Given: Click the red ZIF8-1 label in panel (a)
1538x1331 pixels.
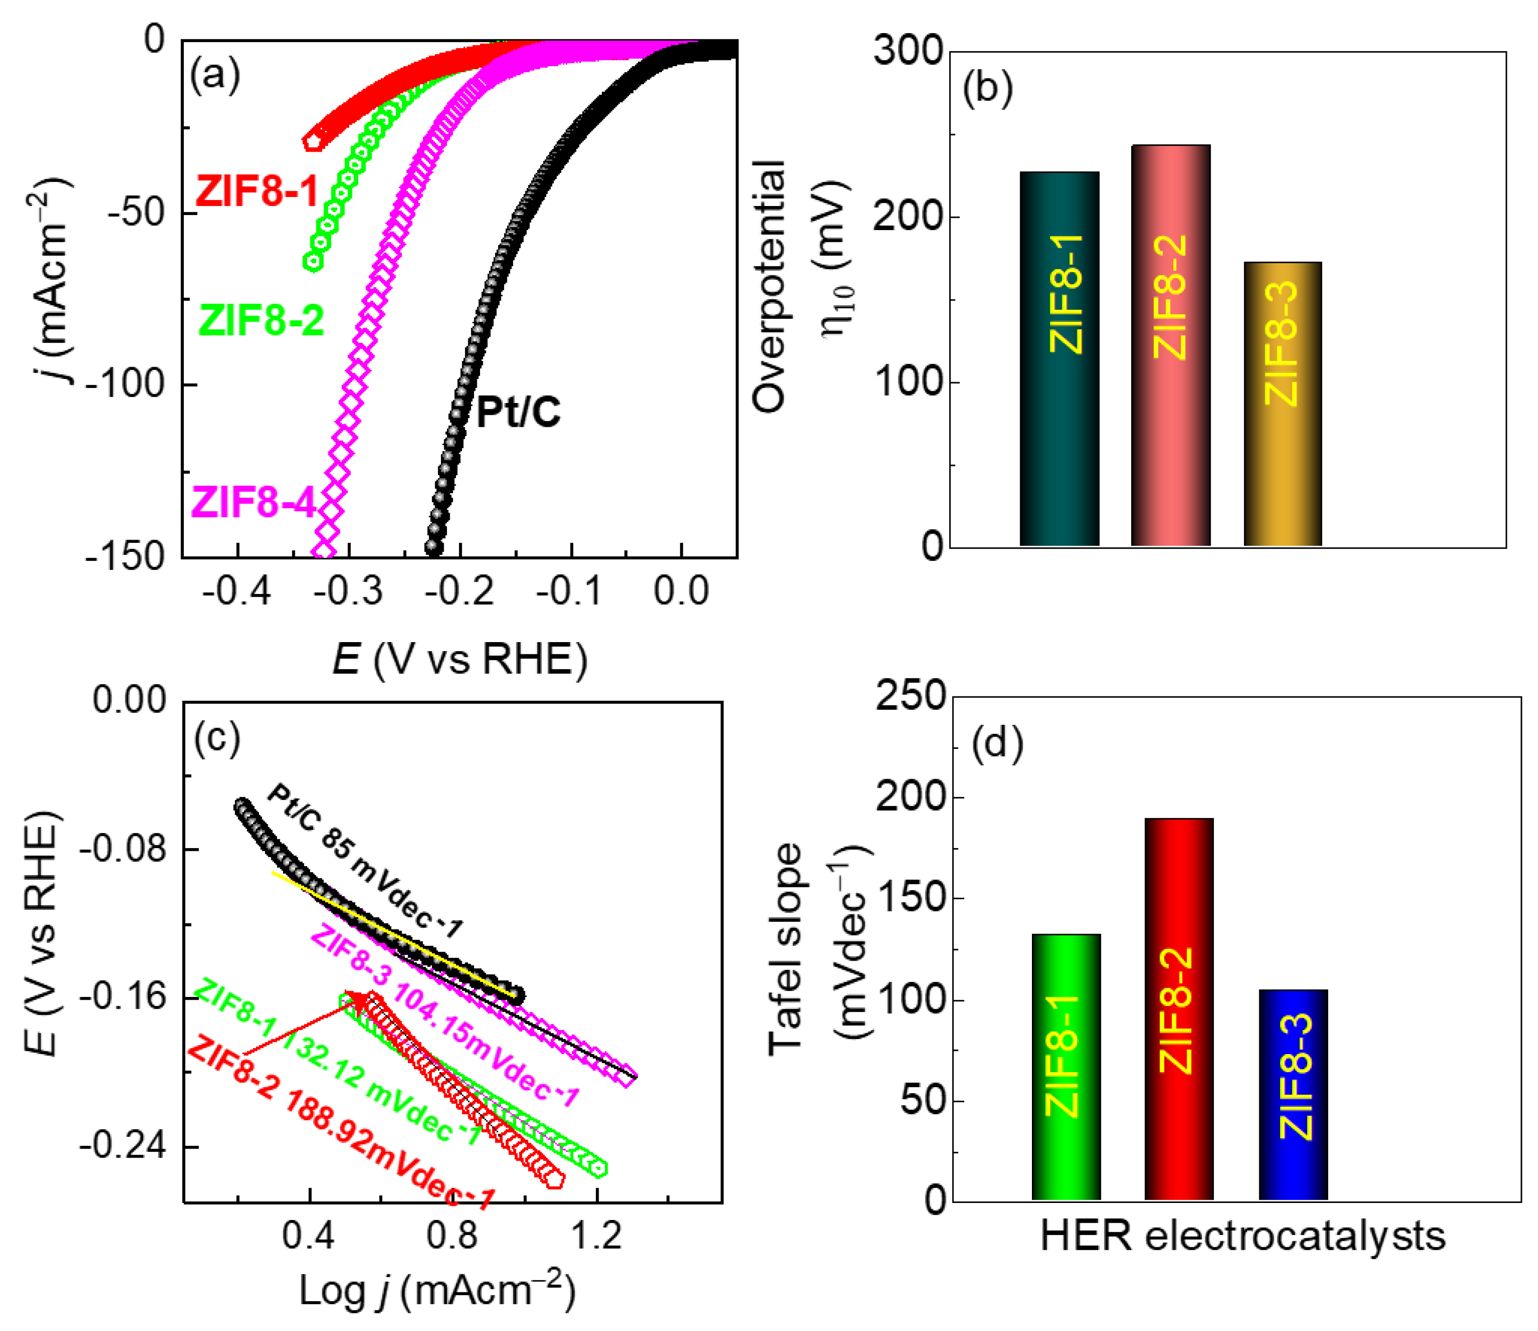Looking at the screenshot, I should (x=257, y=191).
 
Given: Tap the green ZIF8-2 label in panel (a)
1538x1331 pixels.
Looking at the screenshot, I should (x=261, y=321).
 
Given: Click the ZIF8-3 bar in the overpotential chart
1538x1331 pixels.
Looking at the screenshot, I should (x=1282, y=405).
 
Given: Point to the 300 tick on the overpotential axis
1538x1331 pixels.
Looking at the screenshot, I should (x=908, y=52).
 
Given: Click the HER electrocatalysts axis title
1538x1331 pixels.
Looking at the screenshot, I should (x=1242, y=1237).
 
